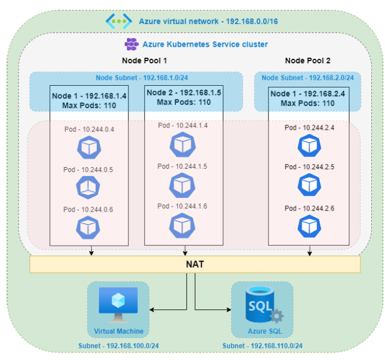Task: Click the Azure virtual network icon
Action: (x=119, y=21)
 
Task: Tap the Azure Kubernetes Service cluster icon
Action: (x=131, y=44)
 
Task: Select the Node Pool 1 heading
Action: (x=144, y=60)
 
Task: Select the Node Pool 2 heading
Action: (x=308, y=60)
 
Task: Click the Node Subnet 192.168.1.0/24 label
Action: (x=142, y=78)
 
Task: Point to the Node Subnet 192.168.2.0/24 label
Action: (x=308, y=78)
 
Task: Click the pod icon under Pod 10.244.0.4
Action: (x=89, y=147)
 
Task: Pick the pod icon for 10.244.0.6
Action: (x=88, y=228)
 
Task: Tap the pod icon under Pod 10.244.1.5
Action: (x=182, y=185)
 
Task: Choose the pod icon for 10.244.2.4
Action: (x=309, y=146)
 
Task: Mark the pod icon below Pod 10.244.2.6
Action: (x=309, y=226)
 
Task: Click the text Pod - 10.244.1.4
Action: (x=183, y=125)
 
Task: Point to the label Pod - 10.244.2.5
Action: (x=309, y=167)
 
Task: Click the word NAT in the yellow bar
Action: (x=195, y=264)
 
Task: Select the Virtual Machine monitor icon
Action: (x=118, y=305)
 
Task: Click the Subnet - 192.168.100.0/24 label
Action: (x=119, y=346)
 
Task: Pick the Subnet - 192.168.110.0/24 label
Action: (x=263, y=346)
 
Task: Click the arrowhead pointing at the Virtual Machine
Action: (x=152, y=309)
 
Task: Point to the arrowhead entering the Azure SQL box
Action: (x=229, y=309)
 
